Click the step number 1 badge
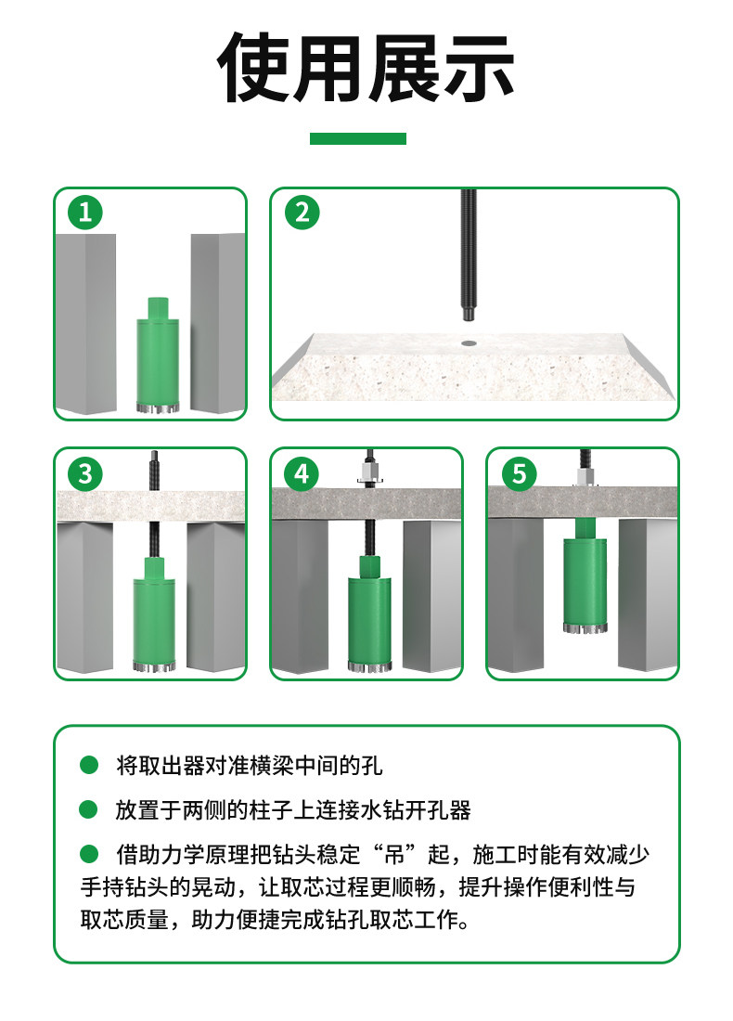point(85,213)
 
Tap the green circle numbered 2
point(302,213)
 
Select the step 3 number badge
point(85,473)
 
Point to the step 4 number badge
point(302,473)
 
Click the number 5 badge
point(519,473)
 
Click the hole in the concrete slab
point(468,342)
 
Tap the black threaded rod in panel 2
point(468,254)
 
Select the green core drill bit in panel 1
point(158,355)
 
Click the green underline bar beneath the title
point(357,138)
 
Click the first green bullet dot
point(88,765)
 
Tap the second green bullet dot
point(88,809)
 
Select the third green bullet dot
point(88,853)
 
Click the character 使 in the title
point(253,68)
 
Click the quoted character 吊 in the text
point(394,854)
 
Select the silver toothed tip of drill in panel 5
point(585,627)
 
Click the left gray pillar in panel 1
point(86,324)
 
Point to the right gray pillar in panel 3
point(215,596)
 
